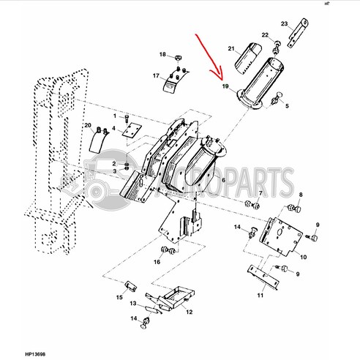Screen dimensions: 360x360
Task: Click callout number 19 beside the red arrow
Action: tap(226, 86)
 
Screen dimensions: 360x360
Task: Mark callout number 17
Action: tap(156, 75)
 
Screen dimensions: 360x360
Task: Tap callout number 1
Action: tap(114, 117)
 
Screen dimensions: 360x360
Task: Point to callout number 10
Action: tap(303, 258)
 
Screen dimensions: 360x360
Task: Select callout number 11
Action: tap(260, 295)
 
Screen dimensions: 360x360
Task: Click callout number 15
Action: tap(119, 297)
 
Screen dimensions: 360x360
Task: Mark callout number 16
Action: tap(156, 262)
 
